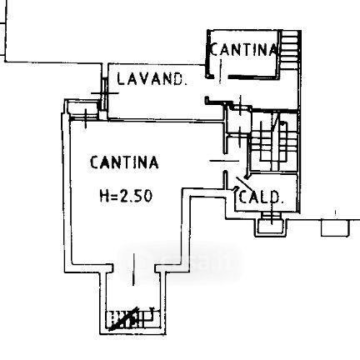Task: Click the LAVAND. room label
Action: (x=151, y=79)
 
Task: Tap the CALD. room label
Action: (x=261, y=197)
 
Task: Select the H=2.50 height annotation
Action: (x=126, y=195)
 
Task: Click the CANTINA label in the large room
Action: (x=124, y=162)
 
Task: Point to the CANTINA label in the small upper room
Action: (x=243, y=49)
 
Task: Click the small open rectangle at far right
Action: (x=335, y=228)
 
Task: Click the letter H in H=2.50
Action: (x=105, y=195)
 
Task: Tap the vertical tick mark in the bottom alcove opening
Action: (x=134, y=269)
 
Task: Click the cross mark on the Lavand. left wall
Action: (x=105, y=93)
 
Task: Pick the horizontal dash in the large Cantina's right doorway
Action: (x=224, y=161)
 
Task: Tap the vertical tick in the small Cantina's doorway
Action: (x=220, y=71)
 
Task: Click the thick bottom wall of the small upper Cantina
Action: (x=253, y=77)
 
